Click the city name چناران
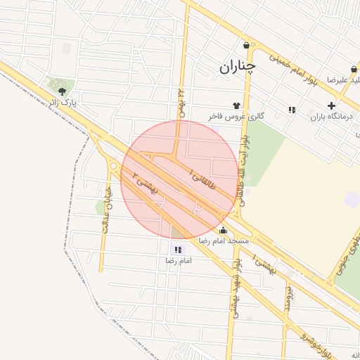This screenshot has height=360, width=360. click(x=237, y=67)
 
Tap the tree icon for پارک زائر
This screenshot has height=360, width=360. click(x=63, y=91)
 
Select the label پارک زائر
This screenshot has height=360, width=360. click(x=63, y=103)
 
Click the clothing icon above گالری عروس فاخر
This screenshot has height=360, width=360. click(x=236, y=105)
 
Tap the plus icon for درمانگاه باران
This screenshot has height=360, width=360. click(x=331, y=105)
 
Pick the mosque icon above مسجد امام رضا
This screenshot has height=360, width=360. click(x=224, y=230)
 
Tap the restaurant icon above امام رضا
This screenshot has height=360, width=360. click(x=177, y=250)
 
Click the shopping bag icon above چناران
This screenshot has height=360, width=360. click(x=246, y=46)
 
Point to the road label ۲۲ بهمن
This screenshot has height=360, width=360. click(x=181, y=102)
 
